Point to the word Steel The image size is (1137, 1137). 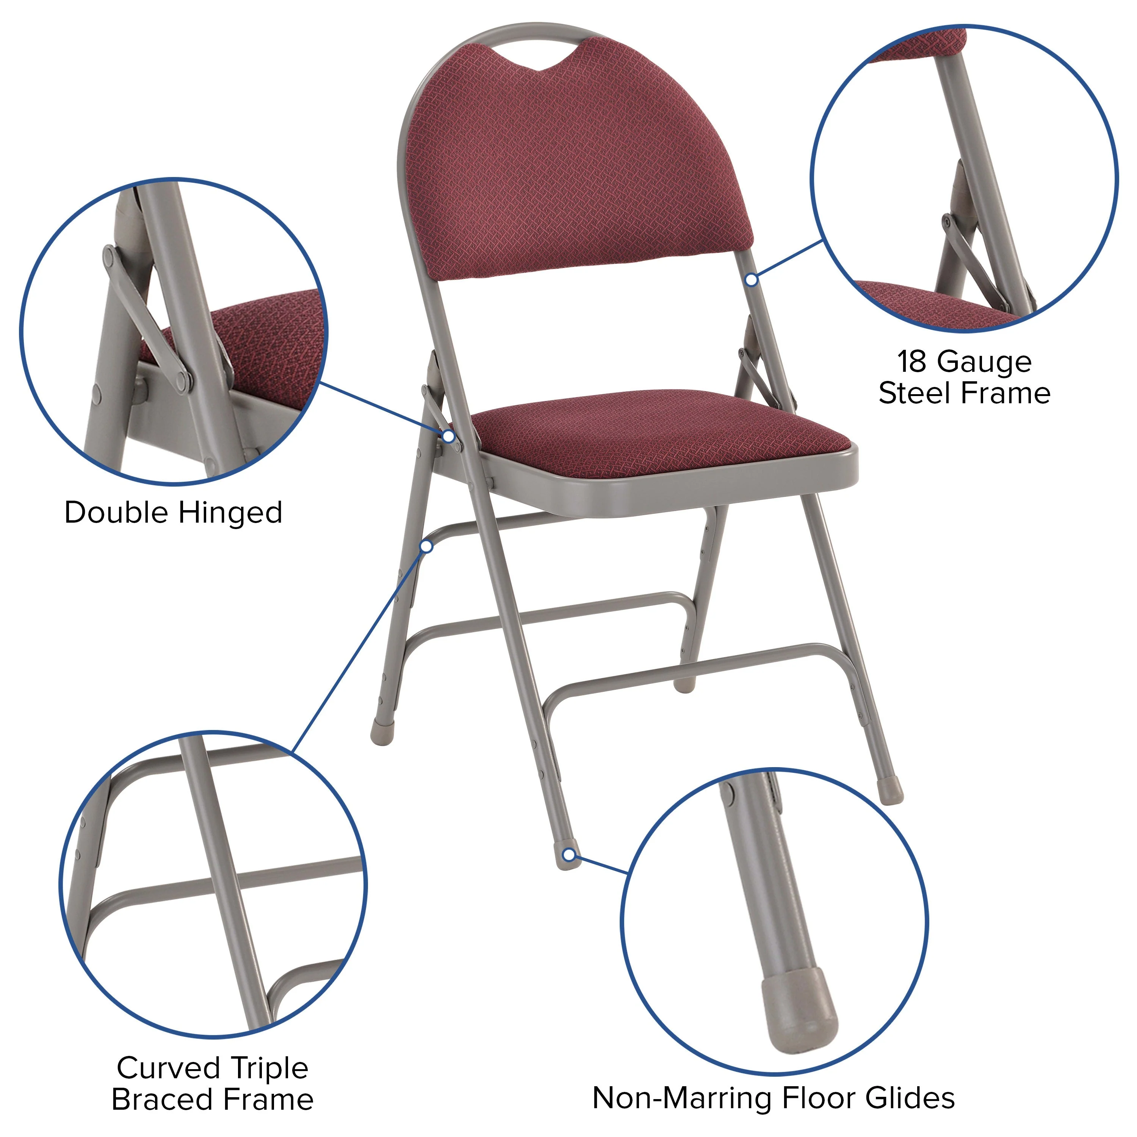click(x=910, y=393)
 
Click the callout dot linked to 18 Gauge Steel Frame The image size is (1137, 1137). click(x=752, y=280)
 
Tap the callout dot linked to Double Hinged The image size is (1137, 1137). click(x=448, y=436)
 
